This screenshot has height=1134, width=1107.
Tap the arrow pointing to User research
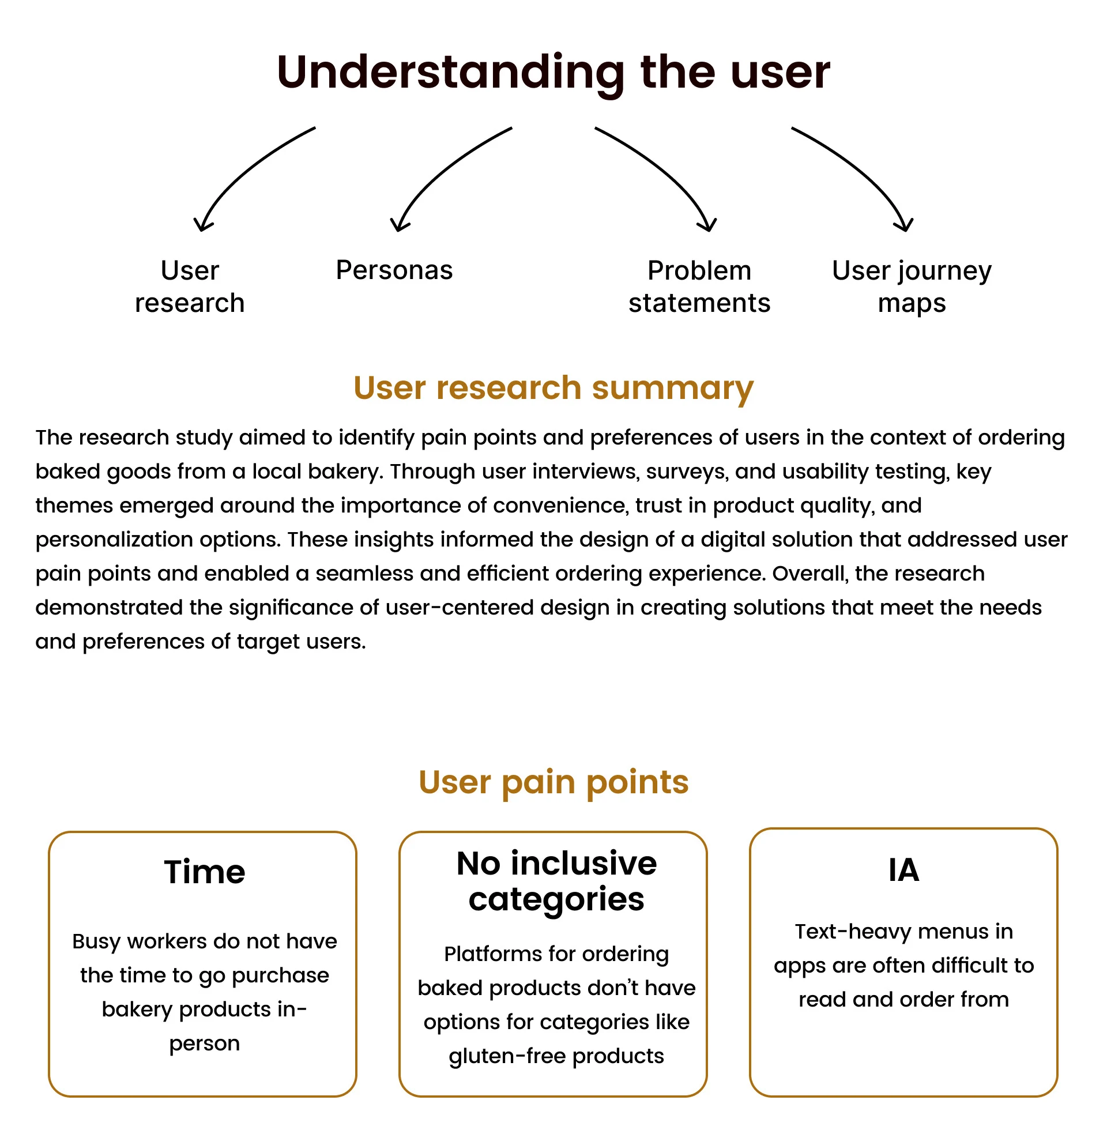click(244, 174)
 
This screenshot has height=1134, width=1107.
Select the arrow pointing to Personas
click(442, 174)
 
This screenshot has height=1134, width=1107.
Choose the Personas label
click(394, 270)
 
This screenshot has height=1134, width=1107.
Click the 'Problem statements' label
click(699, 287)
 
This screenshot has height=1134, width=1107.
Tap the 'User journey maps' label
click(911, 287)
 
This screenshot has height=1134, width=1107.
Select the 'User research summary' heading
click(553, 387)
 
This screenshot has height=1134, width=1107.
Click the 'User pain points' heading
click(553, 782)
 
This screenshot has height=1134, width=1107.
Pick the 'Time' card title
click(204, 872)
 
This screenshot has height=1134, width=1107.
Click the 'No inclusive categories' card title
click(556, 881)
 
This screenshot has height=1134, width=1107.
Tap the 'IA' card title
click(903, 870)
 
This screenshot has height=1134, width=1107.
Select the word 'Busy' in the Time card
click(96, 941)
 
